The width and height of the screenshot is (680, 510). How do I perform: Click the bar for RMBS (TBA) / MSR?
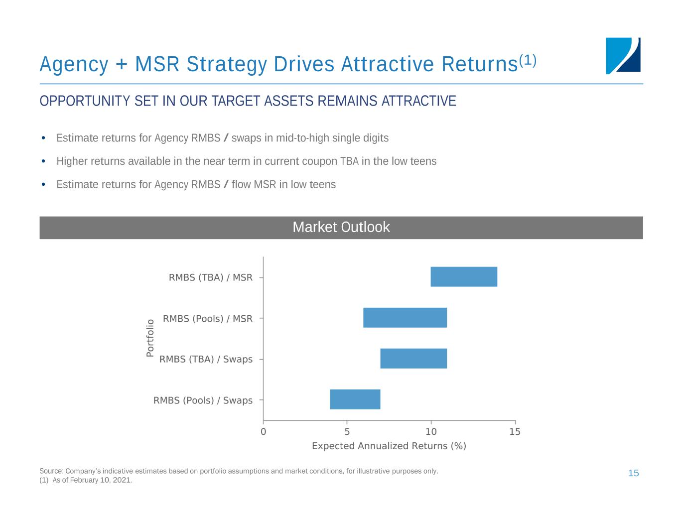coord(464,277)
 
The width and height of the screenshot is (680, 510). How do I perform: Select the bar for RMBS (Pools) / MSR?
coord(405,318)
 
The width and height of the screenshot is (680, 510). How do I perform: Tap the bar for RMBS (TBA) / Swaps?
coord(413,359)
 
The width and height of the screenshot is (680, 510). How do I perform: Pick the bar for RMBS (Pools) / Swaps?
coord(355,399)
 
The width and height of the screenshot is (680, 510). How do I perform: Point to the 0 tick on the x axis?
coord(264,431)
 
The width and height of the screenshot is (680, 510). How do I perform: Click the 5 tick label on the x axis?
coord(347,431)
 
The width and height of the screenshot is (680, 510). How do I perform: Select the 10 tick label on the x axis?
coord(431,431)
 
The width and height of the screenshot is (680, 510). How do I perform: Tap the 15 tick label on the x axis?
coord(515,431)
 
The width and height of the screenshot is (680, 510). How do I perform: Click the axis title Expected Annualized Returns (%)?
coord(389,446)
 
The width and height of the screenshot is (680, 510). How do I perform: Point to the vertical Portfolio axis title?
coord(150,338)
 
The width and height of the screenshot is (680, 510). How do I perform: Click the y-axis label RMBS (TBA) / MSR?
coord(211,277)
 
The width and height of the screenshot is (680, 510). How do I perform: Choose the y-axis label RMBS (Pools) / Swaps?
coord(203,400)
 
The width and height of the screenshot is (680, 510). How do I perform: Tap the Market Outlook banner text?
coord(341,227)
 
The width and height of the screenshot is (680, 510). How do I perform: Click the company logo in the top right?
coord(623,56)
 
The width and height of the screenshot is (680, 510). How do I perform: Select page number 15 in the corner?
coord(633,473)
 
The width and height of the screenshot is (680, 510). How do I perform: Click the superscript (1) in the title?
coord(528,60)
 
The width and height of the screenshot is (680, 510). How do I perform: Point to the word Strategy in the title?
coord(226,64)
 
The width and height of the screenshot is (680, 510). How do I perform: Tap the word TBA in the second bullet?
coord(349,161)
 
